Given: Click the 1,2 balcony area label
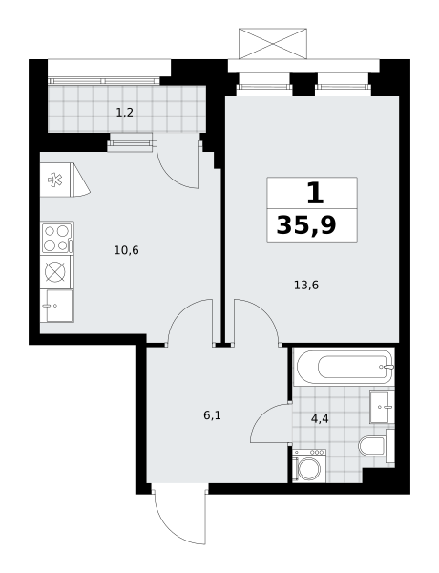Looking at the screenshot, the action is [124, 113].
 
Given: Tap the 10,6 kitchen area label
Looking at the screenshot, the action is [126, 250].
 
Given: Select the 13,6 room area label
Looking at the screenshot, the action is [306, 285].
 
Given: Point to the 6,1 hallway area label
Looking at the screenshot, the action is [213, 415].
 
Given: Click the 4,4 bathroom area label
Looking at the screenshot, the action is [320, 419].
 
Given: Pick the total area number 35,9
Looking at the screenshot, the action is [306, 225].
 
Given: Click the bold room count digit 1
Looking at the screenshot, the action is [315, 193].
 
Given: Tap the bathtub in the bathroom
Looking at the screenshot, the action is [344, 367].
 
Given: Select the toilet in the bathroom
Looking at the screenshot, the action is [376, 446].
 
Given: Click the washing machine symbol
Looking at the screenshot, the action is [309, 466].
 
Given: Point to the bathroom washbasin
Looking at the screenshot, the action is [382, 407].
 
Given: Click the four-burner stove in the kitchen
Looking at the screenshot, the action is [57, 238].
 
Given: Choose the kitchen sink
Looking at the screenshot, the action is [57, 306].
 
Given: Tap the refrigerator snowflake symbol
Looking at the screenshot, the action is [54, 180].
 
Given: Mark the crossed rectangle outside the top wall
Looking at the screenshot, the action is [273, 44].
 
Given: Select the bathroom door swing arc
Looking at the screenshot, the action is [261, 416].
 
